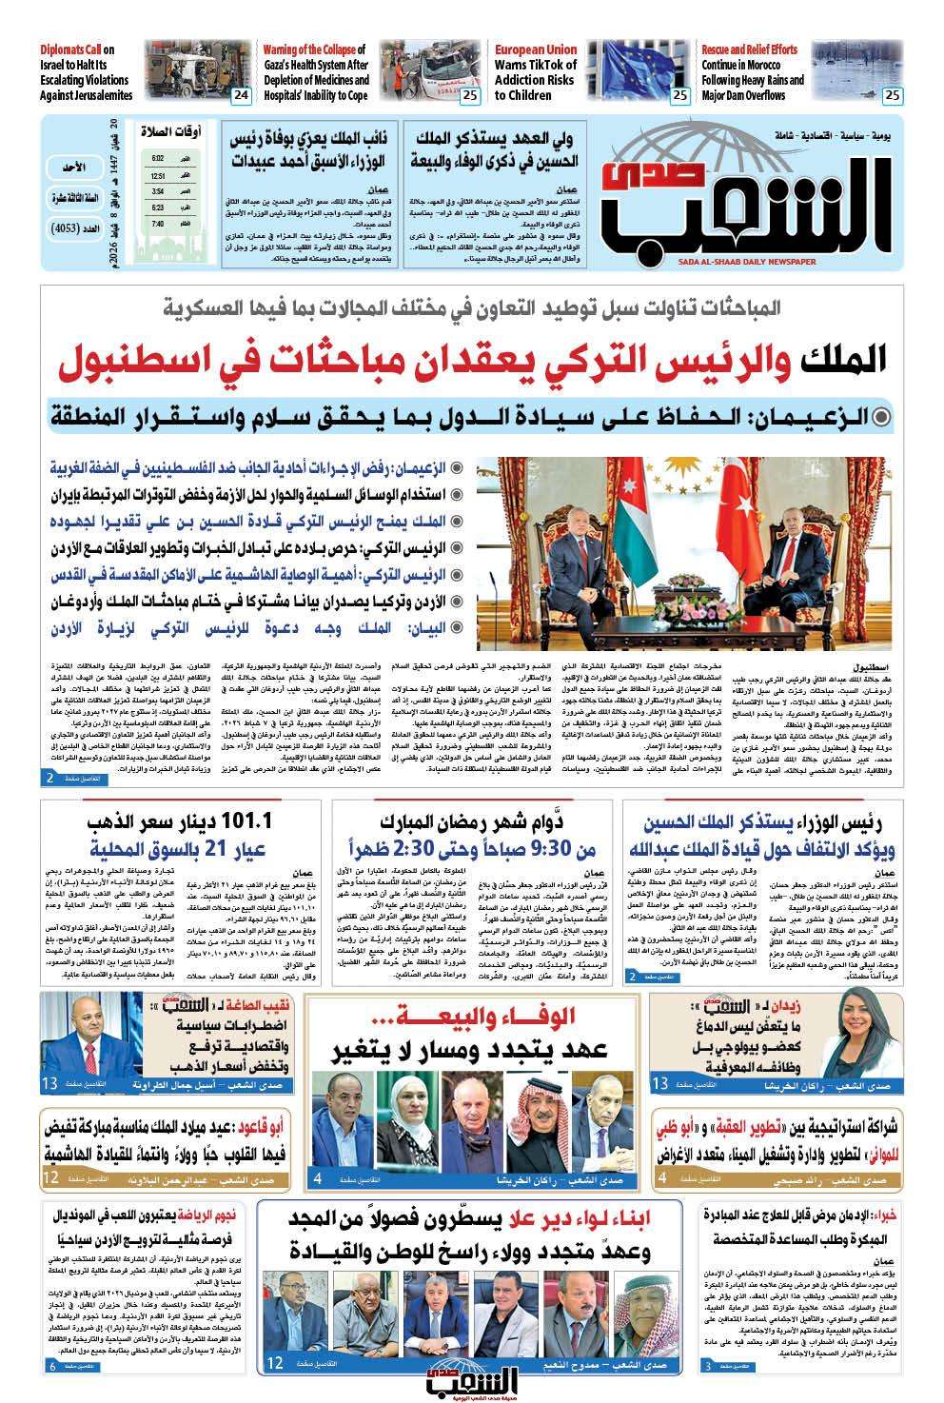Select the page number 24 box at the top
click(x=241, y=95)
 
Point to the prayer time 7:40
click(x=158, y=223)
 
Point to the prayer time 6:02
click(x=158, y=157)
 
